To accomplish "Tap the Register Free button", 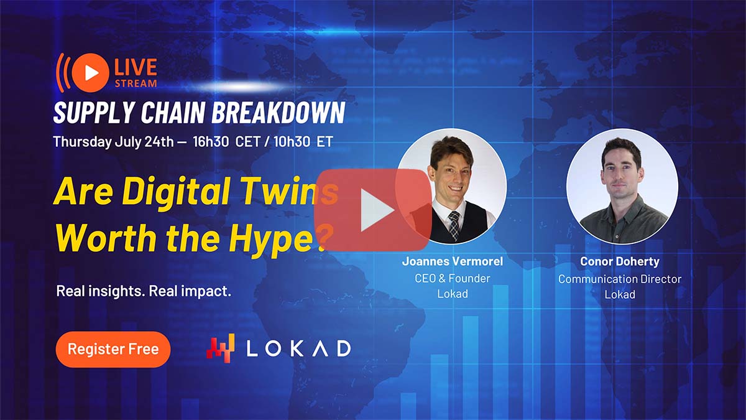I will pyautogui.click(x=113, y=349).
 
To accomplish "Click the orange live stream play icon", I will pyautogui.click(x=90, y=73).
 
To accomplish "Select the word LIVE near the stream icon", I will pyautogui.click(x=136, y=67).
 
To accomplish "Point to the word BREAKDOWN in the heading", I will pyautogui.click(x=278, y=113).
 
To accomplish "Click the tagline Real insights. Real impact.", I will pyautogui.click(x=144, y=291).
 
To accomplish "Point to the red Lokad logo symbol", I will pyautogui.click(x=221, y=348).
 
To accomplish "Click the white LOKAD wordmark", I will pyautogui.click(x=298, y=348).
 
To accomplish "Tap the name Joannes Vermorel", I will pyautogui.click(x=452, y=261).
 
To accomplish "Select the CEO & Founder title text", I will pyautogui.click(x=452, y=278).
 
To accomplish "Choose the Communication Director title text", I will pyautogui.click(x=619, y=279).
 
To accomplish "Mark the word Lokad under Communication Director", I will pyautogui.click(x=619, y=294).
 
